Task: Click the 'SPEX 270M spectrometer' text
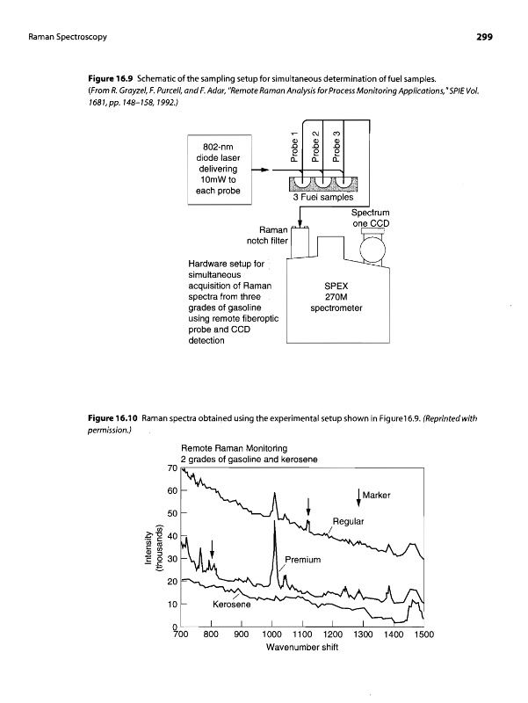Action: tap(338, 297)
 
